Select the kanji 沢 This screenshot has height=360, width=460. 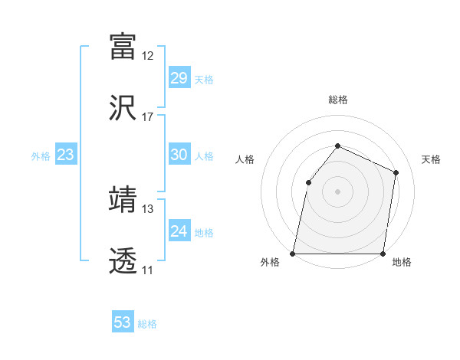point(123,108)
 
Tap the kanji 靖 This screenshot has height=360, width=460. point(123,199)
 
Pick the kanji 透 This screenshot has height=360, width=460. point(123,261)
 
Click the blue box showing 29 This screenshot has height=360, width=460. point(179,78)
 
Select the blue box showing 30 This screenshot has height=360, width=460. point(179,155)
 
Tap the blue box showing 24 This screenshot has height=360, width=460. point(179,231)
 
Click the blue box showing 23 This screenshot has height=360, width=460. point(65,155)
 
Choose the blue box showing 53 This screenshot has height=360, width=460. point(122,322)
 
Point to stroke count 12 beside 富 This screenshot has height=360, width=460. point(148,56)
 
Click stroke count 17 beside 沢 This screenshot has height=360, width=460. point(148,117)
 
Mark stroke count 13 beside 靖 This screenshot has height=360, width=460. point(148,208)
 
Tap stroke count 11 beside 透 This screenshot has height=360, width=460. point(148,270)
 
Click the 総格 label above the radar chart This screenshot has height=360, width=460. point(338,100)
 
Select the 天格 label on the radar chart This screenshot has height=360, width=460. point(431,159)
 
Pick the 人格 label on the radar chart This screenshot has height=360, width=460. point(245,159)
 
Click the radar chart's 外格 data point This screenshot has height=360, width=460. point(293,254)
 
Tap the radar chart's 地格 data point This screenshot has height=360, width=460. point(383,254)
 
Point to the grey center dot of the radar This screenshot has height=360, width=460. point(337,191)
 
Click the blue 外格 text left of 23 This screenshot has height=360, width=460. point(41,155)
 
